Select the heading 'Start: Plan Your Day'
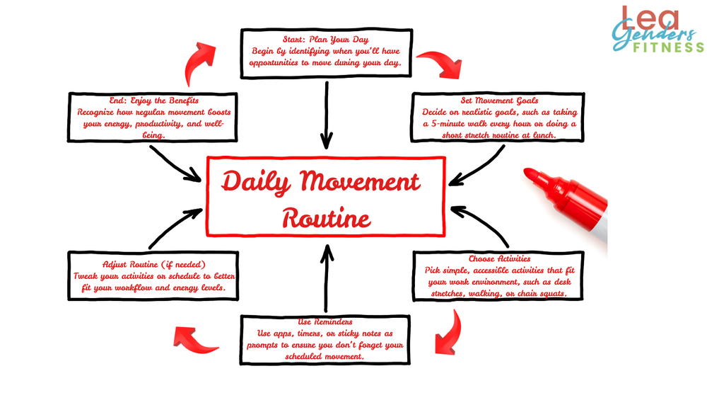(x=326, y=40)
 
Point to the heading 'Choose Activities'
(x=499, y=259)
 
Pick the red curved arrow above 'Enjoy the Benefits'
(x=203, y=63)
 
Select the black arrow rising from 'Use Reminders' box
(x=326, y=276)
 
